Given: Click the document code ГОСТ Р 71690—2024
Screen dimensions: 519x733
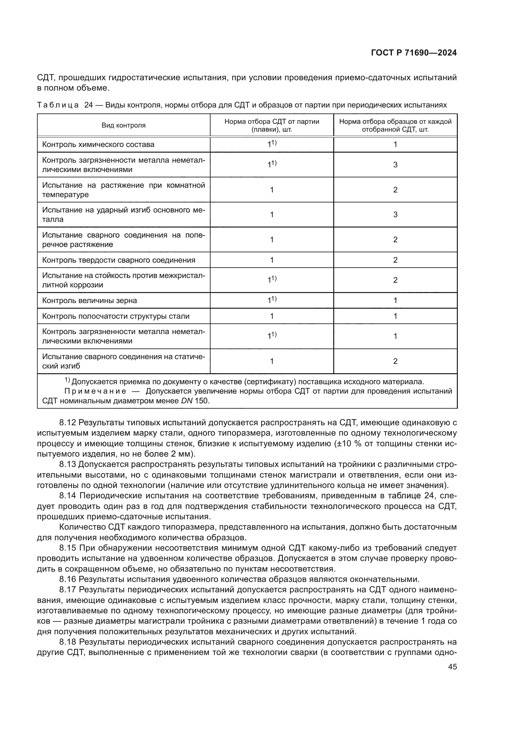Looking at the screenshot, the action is pos(414,53).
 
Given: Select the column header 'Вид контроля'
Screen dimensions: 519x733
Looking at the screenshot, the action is pos(123,125).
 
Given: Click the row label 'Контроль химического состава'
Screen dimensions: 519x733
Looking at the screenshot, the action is pos(98,144).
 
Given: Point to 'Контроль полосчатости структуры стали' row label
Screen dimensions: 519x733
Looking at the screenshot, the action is pos(116,316).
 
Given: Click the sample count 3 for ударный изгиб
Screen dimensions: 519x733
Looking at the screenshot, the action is pos(395,215).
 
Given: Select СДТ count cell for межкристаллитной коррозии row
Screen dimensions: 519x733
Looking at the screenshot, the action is pos(272,280).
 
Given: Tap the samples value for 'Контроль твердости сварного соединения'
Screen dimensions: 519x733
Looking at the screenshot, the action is pos(395,260).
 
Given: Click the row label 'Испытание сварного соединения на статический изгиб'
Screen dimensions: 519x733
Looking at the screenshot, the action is pos(123,361).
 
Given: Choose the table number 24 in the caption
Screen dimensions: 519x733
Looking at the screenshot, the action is pos(88,105).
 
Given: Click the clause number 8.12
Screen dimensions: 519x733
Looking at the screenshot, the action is pos(67,423).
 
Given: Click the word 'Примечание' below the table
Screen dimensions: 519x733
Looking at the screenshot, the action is pos(95,391).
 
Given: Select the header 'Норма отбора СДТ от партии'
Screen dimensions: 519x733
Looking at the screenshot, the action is pos(272,122).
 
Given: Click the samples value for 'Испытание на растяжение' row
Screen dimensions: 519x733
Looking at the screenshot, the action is pos(395,190).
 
